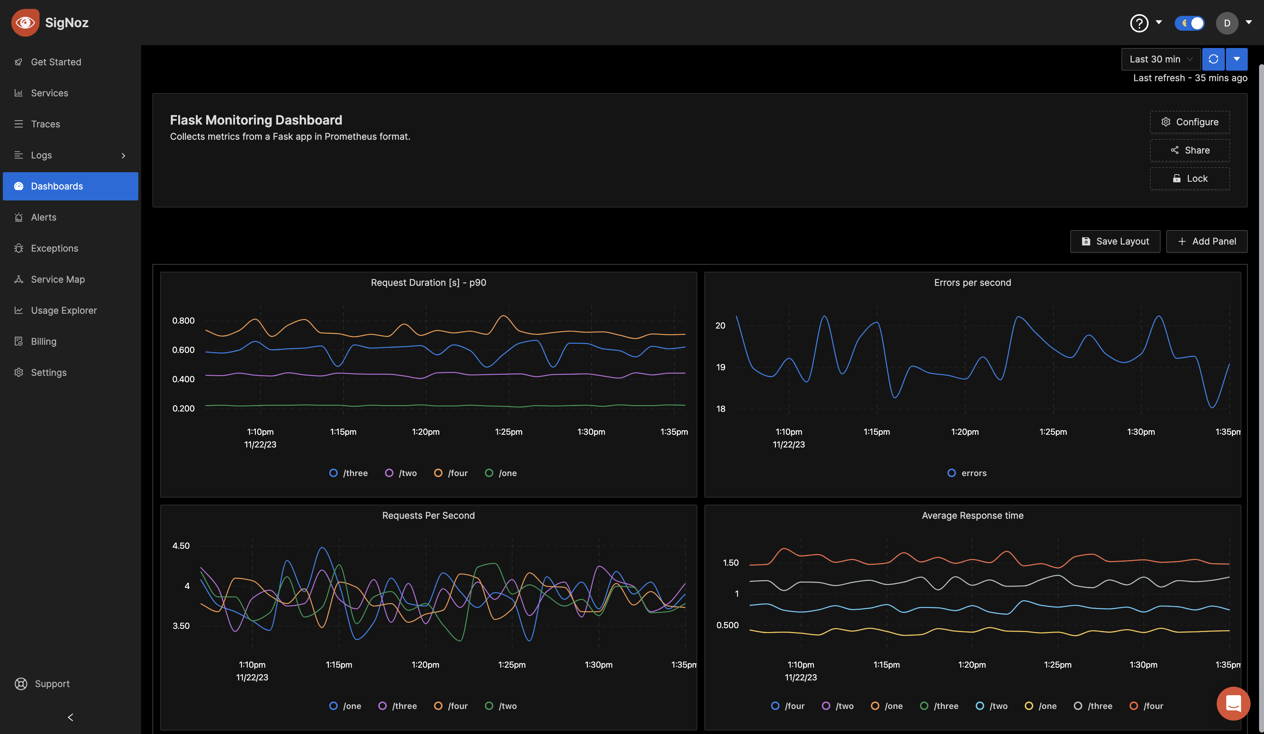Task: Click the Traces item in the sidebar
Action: tap(45, 124)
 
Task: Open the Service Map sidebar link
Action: tap(57, 279)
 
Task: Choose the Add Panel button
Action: tap(1206, 241)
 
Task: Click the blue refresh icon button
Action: tap(1213, 59)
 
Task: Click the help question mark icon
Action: tap(1139, 23)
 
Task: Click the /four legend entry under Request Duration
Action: tap(451, 473)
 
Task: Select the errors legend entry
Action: tap(967, 473)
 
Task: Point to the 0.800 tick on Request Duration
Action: tap(183, 320)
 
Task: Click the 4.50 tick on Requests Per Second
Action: tap(181, 546)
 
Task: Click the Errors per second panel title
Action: tap(972, 282)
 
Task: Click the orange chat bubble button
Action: tap(1233, 703)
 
